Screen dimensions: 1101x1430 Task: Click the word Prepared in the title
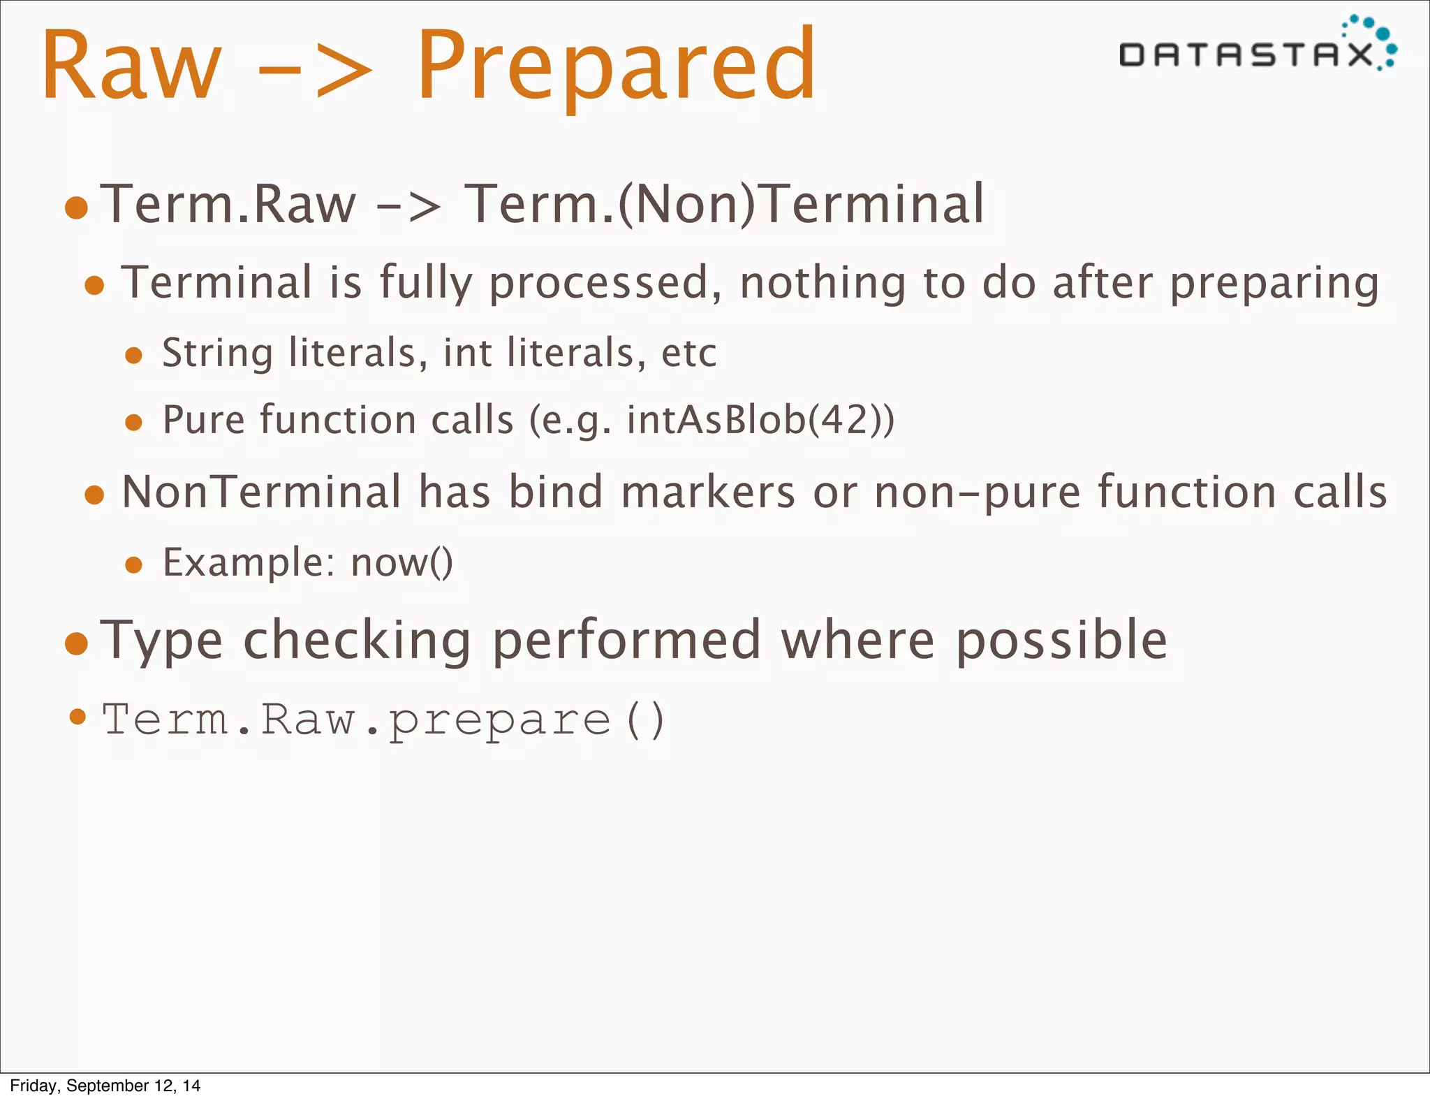pos(616,66)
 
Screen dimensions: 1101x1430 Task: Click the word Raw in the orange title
pos(131,66)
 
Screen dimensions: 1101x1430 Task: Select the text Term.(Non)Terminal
pos(724,204)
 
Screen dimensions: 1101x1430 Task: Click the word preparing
pos(1274,283)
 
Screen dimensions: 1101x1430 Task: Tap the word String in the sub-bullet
pos(217,352)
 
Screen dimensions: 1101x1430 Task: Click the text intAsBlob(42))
pos(760,420)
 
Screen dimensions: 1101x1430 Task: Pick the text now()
pos(401,562)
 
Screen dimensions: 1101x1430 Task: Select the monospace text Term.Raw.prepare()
pos(383,720)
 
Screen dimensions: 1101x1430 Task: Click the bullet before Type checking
pos(76,643)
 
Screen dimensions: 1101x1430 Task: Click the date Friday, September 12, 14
pos(105,1086)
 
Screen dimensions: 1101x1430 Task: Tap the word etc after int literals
pos(688,353)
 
